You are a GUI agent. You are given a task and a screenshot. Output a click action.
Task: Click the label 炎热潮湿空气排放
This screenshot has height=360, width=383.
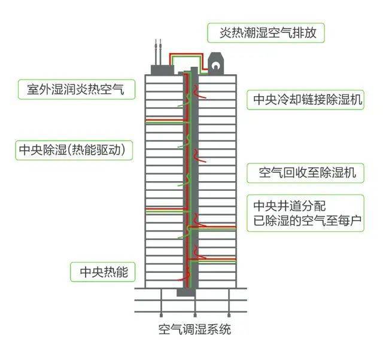point(268,33)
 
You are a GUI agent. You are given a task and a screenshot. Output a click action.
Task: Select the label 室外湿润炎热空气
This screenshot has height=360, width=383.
point(76,89)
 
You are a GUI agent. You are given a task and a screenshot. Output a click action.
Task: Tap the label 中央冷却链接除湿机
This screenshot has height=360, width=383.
point(308,100)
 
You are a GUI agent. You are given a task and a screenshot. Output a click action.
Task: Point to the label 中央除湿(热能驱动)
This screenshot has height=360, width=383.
point(72,150)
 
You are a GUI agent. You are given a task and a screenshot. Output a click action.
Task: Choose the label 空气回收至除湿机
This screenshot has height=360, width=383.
point(307,173)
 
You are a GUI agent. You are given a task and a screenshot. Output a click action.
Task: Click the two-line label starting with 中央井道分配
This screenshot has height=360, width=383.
point(307,213)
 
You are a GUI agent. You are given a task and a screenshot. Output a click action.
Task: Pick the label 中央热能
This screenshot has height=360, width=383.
point(104,271)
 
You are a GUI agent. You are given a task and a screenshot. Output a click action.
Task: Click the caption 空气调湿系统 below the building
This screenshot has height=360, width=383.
point(194,330)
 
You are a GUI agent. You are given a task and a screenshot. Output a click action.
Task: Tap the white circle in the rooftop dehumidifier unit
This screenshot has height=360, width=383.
point(215,65)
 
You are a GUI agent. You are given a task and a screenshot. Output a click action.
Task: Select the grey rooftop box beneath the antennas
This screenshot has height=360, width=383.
point(162,70)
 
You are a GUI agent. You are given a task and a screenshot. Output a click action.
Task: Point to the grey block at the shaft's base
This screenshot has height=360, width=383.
point(186,292)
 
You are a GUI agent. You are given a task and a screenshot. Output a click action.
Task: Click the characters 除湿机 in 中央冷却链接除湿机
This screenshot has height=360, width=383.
point(344,100)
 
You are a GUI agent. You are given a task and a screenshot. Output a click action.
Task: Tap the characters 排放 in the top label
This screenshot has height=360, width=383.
point(305,33)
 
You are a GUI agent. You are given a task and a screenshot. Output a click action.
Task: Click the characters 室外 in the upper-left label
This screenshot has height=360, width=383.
point(39,89)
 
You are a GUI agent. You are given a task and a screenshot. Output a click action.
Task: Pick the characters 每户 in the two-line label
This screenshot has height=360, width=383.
point(349,221)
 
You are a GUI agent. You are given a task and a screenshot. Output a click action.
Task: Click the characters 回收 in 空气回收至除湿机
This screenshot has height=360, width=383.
point(295,173)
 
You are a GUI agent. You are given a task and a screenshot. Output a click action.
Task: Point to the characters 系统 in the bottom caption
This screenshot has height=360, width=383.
point(219,330)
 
